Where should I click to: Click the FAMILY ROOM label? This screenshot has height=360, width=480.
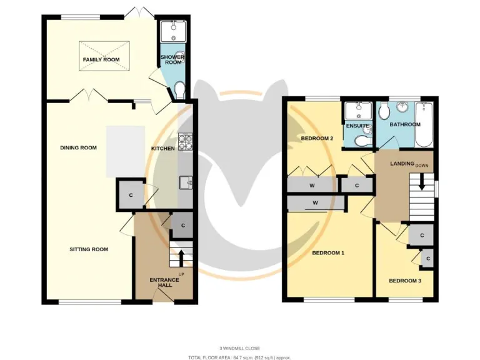[x=101, y=60]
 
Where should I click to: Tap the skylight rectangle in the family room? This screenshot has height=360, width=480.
[x=104, y=51]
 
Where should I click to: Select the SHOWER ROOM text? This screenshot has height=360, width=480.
[x=172, y=59]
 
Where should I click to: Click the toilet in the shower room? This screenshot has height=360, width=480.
[x=180, y=91]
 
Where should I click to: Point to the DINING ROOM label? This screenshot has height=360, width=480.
[x=78, y=148]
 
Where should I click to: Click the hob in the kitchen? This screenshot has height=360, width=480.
[x=186, y=142]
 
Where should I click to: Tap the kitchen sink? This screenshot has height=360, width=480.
[x=186, y=182]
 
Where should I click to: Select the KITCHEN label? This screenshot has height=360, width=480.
[x=163, y=149]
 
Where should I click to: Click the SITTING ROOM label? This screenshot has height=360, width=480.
[x=89, y=249]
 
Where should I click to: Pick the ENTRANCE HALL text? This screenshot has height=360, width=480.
[x=164, y=282]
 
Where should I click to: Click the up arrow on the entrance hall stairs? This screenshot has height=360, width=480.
[x=181, y=257]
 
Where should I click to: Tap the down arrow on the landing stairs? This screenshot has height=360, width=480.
[x=421, y=184]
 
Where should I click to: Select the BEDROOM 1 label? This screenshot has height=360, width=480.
[x=328, y=253]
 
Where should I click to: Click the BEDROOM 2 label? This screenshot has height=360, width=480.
[x=317, y=138]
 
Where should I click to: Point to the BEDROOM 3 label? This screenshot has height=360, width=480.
[x=405, y=281]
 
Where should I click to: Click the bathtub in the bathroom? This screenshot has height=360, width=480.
[x=424, y=124]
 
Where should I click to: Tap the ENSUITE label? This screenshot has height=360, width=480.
[x=357, y=126]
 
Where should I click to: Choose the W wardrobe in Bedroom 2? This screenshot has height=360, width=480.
[x=311, y=185]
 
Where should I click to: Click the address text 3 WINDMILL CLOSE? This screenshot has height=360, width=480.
[x=239, y=348]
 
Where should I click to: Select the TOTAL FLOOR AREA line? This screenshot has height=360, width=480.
[x=239, y=357]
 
